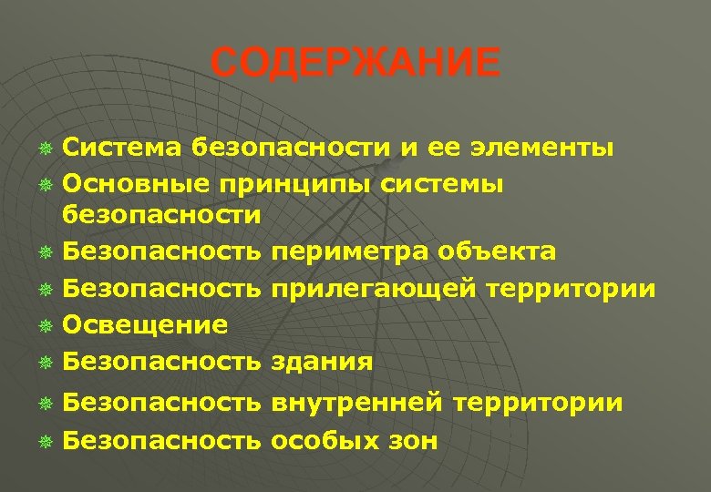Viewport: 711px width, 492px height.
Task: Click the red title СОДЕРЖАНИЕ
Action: click(355, 64)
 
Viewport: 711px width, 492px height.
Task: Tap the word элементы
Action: click(543, 147)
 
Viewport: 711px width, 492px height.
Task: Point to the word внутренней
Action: click(356, 402)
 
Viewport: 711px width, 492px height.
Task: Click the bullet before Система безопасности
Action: click(44, 148)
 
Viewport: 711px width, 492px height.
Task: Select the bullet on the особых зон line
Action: click(44, 442)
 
